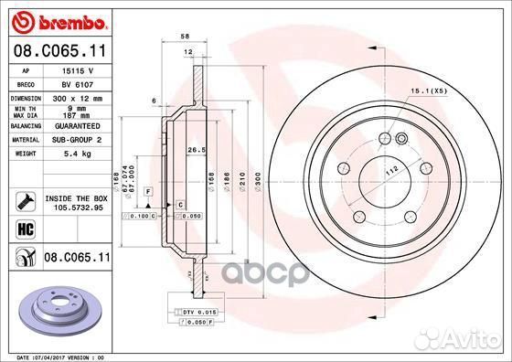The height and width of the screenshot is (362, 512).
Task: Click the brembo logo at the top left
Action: tap(57, 20)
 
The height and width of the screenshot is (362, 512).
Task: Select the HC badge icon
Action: tap(20, 229)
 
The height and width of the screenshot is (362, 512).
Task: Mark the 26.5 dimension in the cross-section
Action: tap(194, 150)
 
